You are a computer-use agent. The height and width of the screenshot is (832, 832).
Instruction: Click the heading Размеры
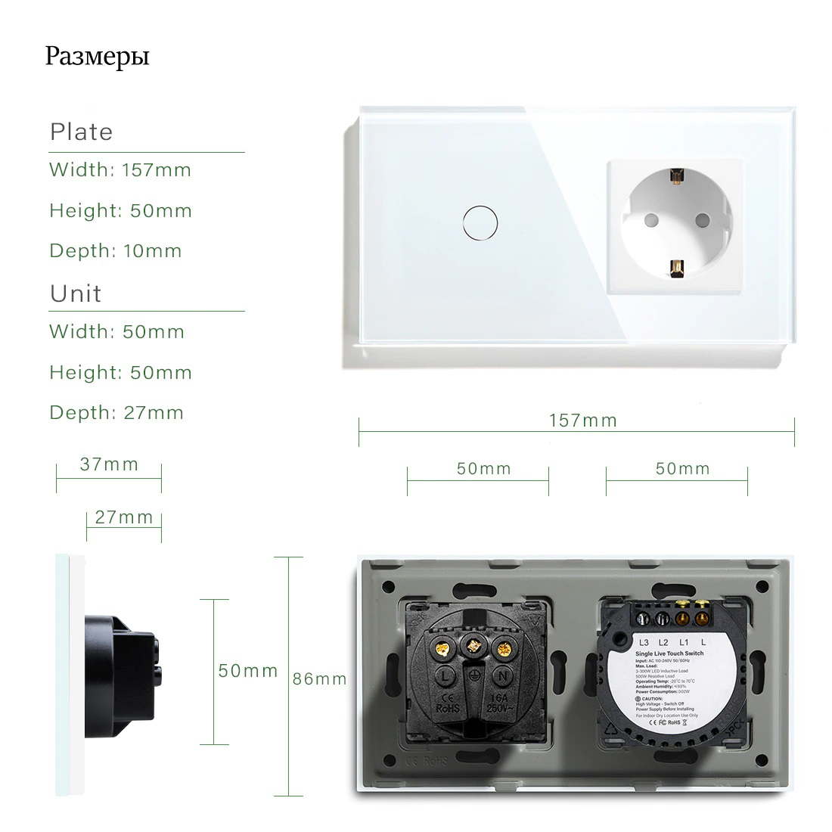pyautogui.click(x=97, y=57)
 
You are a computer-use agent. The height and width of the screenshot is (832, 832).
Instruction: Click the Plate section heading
pyautogui.click(x=81, y=132)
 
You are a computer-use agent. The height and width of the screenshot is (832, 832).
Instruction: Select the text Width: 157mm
pyautogui.click(x=120, y=170)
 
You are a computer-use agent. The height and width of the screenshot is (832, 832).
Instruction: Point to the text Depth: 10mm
pyautogui.click(x=116, y=251)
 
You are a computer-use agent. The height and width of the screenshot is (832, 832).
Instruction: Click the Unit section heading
pyautogui.click(x=76, y=293)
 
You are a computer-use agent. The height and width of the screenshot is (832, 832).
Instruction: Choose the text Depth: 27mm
pyautogui.click(x=116, y=413)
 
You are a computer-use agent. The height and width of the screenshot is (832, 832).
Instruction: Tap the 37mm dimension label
pyautogui.click(x=110, y=464)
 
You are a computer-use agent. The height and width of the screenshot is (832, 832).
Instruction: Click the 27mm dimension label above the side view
pyautogui.click(x=124, y=518)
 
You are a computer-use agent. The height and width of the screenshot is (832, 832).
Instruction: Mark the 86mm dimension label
pyautogui.click(x=319, y=678)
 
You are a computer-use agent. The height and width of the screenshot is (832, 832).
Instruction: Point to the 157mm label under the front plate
pyautogui.click(x=583, y=421)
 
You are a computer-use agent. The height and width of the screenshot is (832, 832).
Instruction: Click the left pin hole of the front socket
pyautogui.click(x=648, y=221)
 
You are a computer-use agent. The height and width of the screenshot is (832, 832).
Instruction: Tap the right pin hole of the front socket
pyautogui.click(x=701, y=221)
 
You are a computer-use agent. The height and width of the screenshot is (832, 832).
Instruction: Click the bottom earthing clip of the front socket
pyautogui.click(x=675, y=265)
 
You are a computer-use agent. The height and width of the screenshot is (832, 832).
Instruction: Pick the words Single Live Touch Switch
pyautogui.click(x=669, y=653)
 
